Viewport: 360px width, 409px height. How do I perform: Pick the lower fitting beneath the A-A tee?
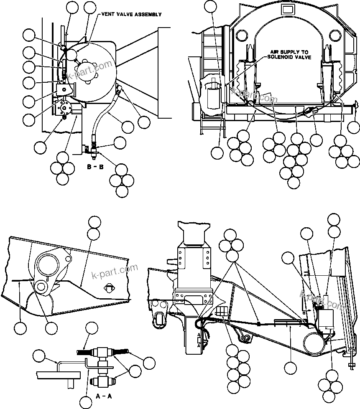point(102,381)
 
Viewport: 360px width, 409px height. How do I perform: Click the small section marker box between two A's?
point(199,340)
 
